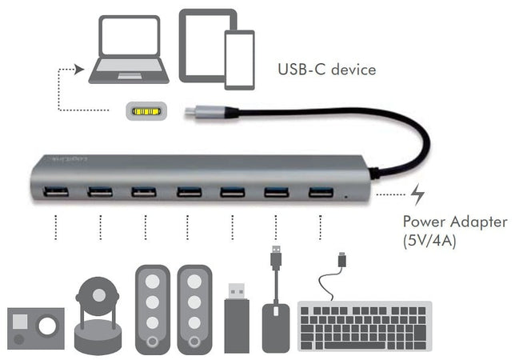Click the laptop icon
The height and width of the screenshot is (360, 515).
(x=129, y=50)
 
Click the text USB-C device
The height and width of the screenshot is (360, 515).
(x=326, y=70)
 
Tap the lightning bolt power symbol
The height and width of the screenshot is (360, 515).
(x=418, y=194)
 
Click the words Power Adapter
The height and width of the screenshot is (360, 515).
(x=454, y=222)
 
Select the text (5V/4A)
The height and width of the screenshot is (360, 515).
(x=429, y=240)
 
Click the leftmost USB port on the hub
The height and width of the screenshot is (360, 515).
(x=57, y=192)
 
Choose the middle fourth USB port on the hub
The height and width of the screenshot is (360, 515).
(x=189, y=191)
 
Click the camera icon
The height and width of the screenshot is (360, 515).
(x=35, y=327)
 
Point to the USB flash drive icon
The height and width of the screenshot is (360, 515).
(x=238, y=318)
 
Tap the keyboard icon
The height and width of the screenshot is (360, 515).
(x=365, y=325)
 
